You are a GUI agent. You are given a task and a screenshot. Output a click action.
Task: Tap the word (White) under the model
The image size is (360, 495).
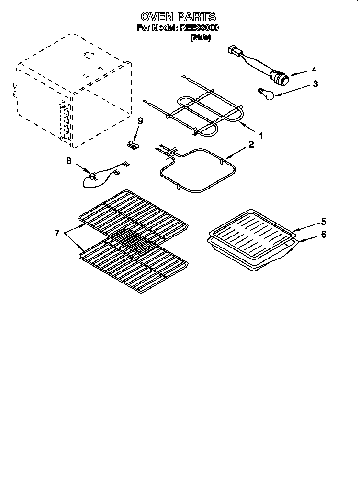201,37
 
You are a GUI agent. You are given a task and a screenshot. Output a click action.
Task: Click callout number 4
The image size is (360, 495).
314,69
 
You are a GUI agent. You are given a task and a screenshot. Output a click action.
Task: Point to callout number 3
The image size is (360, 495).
315,84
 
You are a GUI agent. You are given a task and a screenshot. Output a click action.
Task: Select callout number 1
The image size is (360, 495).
260,136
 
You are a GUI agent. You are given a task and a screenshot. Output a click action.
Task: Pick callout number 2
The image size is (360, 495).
251,144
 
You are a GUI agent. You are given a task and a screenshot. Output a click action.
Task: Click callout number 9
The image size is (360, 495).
140,121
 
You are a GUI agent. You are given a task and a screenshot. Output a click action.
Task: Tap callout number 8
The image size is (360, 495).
68,161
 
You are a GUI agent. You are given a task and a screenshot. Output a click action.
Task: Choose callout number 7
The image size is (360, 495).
57,233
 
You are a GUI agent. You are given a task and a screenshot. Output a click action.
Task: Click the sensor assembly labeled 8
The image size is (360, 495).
93,178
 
